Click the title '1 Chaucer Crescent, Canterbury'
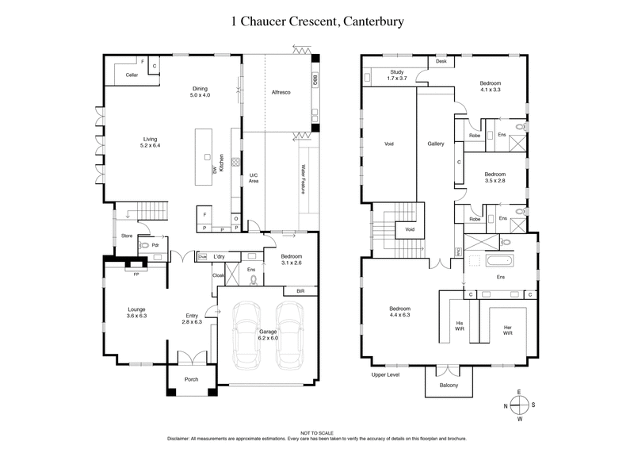pyautogui.click(x=317, y=21)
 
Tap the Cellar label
pyautogui.click(x=132, y=75)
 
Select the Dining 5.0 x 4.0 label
pyautogui.click(x=200, y=92)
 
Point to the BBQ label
pyautogui.click(x=315, y=81)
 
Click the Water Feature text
pyautogui.click(x=303, y=180)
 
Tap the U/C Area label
pyautogui.click(x=254, y=178)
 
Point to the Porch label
pyautogui.click(x=191, y=379)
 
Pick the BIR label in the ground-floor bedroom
pyautogui.click(x=300, y=291)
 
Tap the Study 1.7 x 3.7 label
pyautogui.click(x=396, y=75)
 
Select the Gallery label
pyautogui.click(x=436, y=144)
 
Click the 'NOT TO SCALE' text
pyautogui.click(x=317, y=431)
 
